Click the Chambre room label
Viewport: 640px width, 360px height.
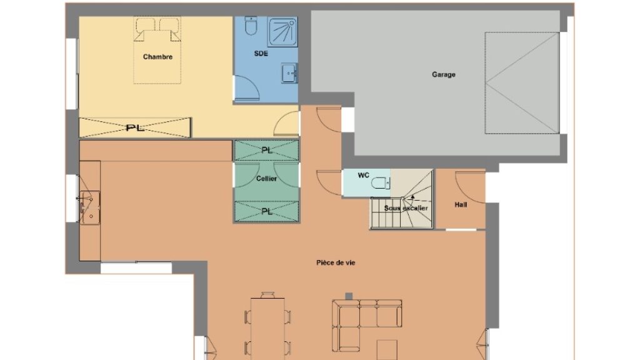point(157,57)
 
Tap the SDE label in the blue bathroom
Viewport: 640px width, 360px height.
point(261,54)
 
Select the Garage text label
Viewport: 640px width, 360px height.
point(444,74)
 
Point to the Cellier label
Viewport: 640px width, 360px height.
point(266,178)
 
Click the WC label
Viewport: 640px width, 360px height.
point(363,175)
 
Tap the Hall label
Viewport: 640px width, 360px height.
point(461,204)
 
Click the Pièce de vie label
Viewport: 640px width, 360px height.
point(336,262)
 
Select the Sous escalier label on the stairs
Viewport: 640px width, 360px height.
point(406,208)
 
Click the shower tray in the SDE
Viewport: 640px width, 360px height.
point(282,32)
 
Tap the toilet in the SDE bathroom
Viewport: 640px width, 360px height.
point(251,26)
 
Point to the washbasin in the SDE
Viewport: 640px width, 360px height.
point(289,73)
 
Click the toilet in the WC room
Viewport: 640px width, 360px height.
point(381,183)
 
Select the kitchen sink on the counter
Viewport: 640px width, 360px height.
point(90,207)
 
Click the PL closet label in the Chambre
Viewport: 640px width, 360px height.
point(135,127)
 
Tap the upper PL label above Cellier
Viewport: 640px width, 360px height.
point(266,150)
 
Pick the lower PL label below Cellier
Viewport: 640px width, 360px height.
point(266,211)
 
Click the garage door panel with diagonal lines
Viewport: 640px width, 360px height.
point(522,83)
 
